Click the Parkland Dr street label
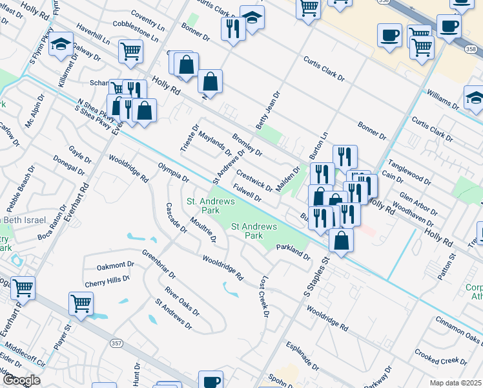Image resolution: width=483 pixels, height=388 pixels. [x=294, y=252]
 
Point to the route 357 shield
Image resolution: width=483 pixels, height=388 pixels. [x=116, y=343]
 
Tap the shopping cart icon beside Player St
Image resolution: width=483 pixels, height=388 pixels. [x=81, y=303]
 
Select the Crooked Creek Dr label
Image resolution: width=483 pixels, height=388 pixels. [x=441, y=356]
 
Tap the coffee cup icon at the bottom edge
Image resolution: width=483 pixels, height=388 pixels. [x=211, y=380]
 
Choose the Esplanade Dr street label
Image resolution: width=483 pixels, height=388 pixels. [x=299, y=354]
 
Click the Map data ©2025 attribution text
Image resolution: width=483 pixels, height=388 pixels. [x=455, y=383]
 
